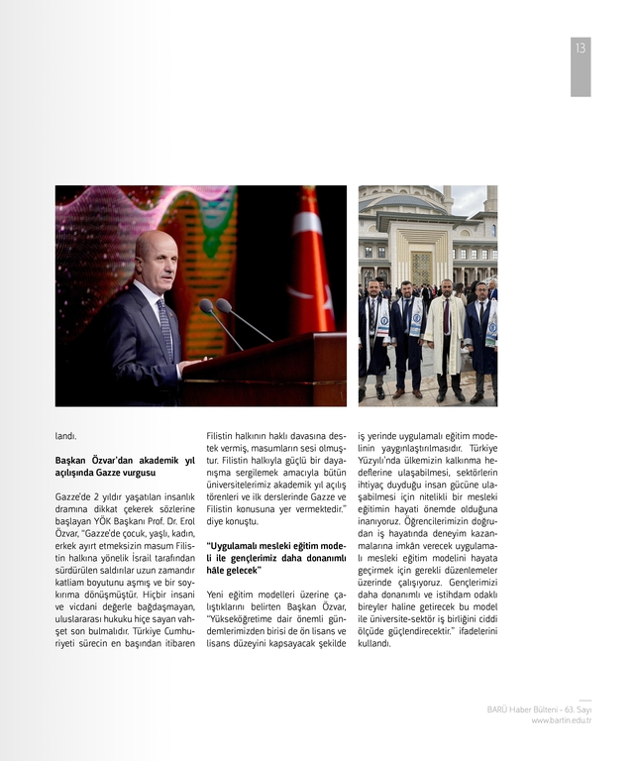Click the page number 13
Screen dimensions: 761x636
point(581,49)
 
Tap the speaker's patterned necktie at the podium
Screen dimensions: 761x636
point(165,328)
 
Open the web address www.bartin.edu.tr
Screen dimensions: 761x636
point(561,720)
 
